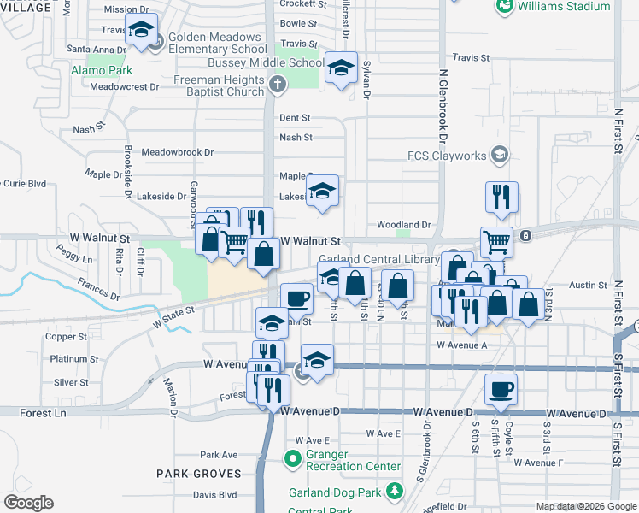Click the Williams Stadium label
click(x=564, y=6)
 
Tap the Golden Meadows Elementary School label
click(x=216, y=44)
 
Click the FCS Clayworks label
click(x=446, y=156)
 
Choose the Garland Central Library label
click(x=378, y=259)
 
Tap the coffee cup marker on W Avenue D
click(x=501, y=389)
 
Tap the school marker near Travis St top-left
click(x=141, y=30)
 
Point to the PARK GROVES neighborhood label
click(x=196, y=473)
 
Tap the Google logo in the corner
click(x=28, y=503)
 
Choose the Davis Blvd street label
click(x=214, y=495)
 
